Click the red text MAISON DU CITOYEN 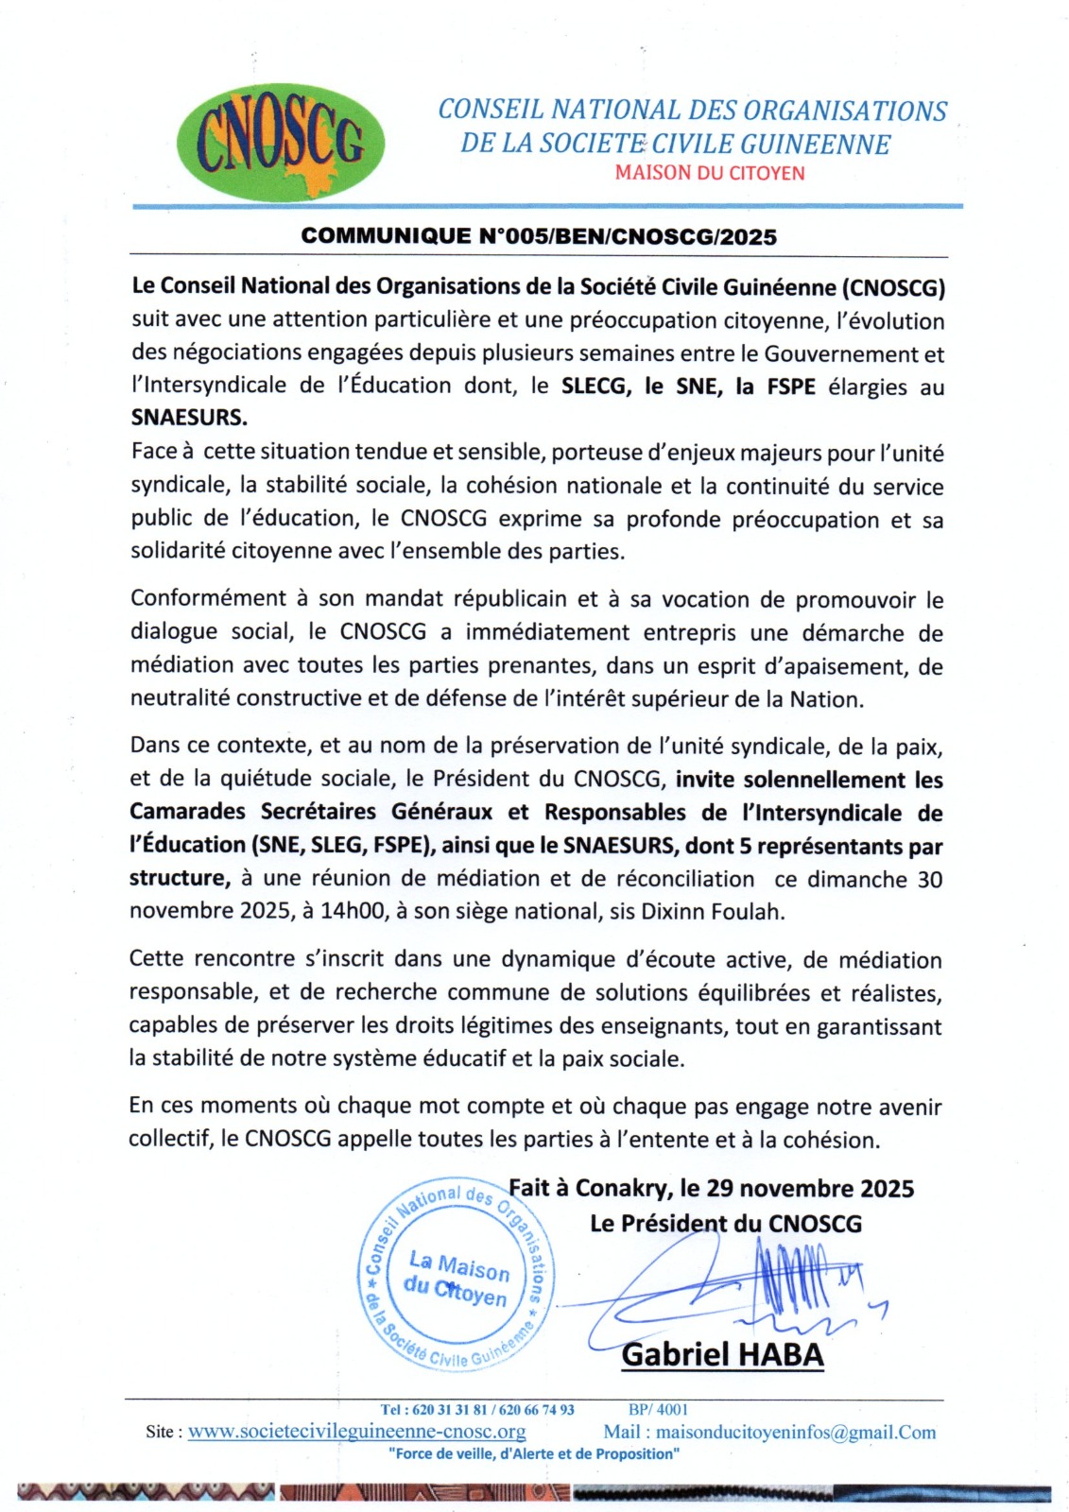709,173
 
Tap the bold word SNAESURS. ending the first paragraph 189,418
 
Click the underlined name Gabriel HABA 722,1354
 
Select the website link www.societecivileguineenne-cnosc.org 356,1432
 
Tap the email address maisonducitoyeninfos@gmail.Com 796,1432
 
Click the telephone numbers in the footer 477,1409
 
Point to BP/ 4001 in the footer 658,1409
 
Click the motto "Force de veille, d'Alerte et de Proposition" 533,1453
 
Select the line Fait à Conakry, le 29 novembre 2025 711,1188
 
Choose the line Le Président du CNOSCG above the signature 725,1224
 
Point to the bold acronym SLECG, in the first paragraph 595,386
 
